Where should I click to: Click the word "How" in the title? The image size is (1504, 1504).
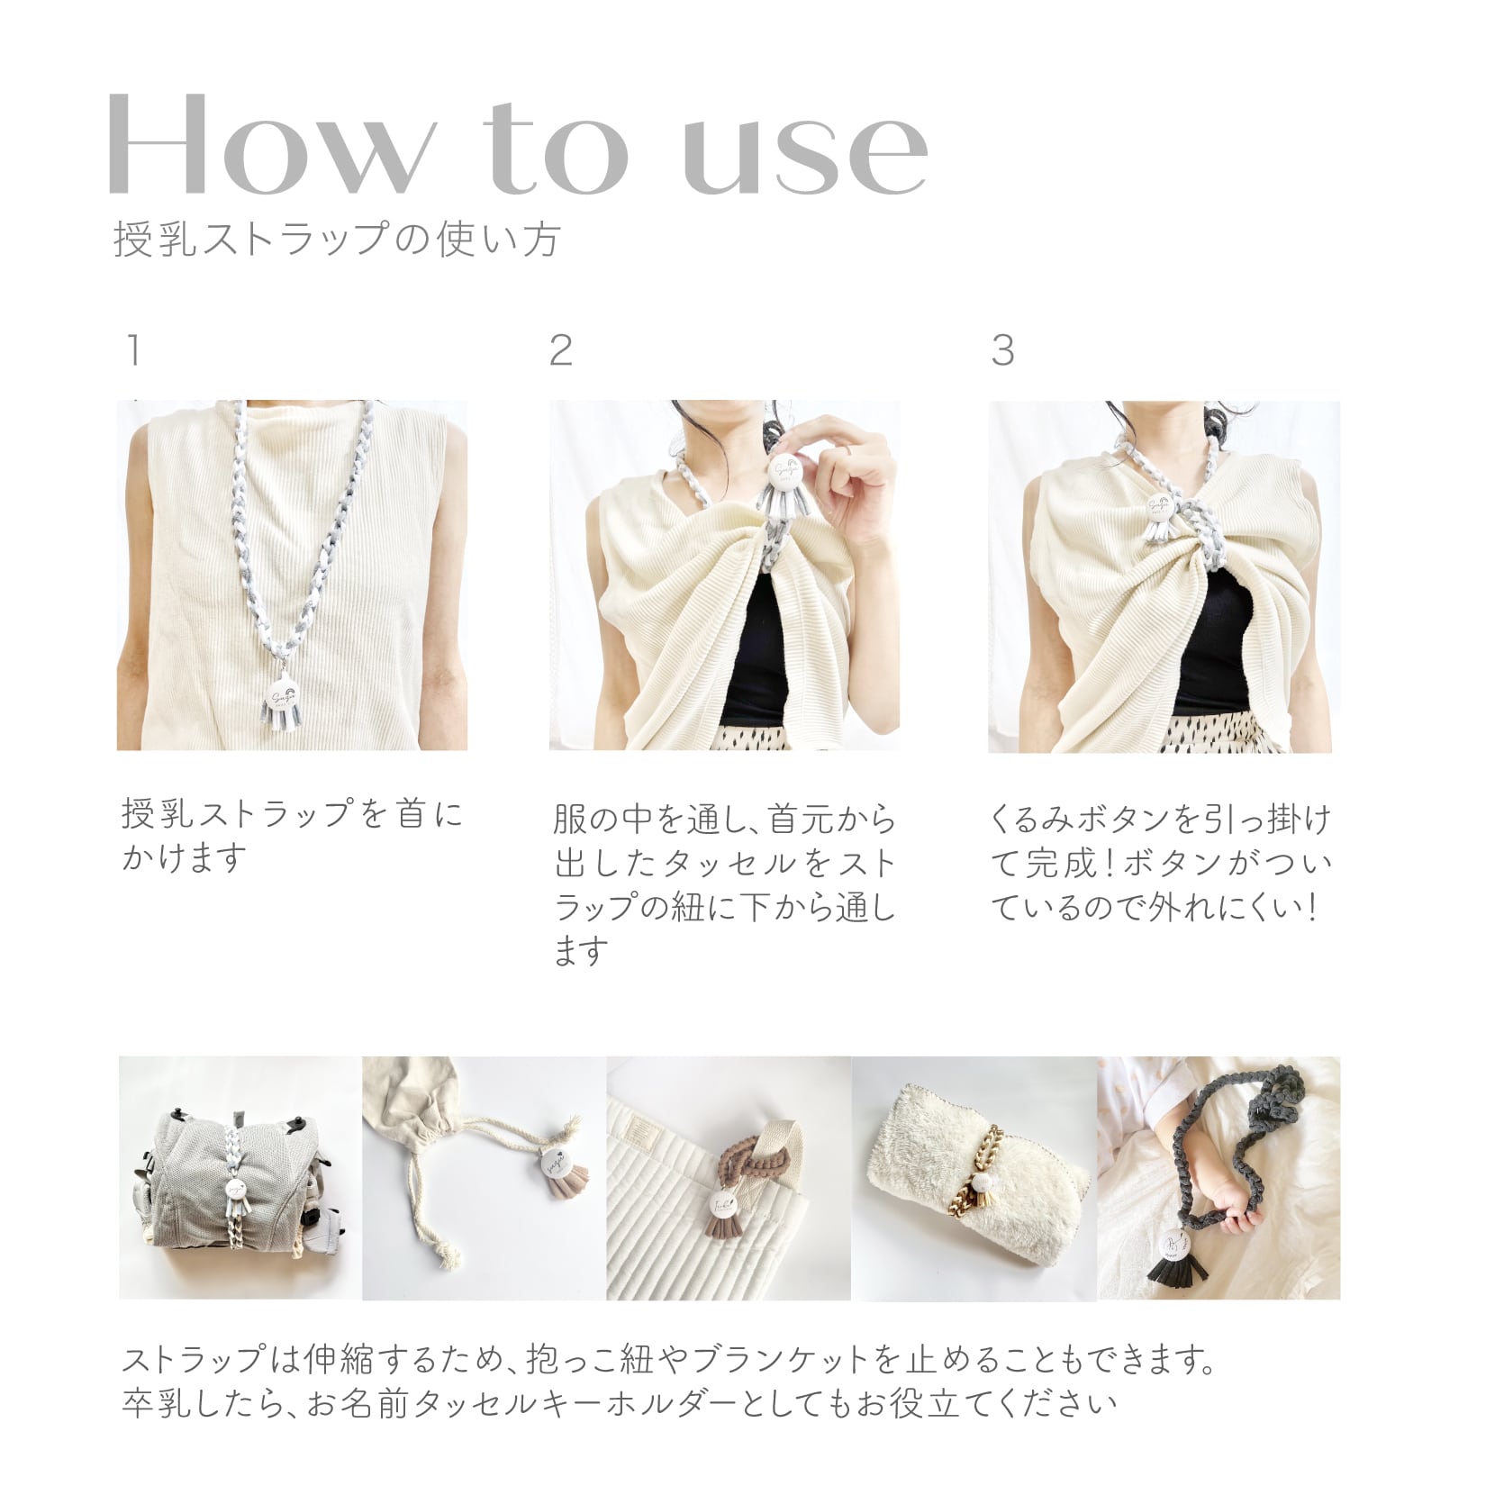click(270, 144)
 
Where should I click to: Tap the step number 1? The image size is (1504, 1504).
click(133, 350)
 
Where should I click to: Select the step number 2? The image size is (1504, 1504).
click(560, 350)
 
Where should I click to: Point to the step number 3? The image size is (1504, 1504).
click(1002, 350)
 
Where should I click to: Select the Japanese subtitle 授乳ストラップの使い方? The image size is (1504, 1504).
click(338, 240)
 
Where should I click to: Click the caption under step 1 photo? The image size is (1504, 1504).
click(293, 835)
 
